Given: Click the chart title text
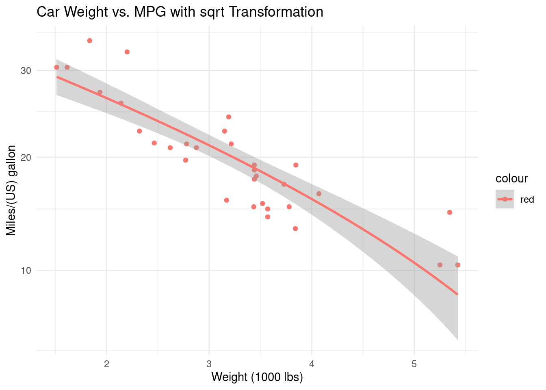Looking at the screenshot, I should [x=180, y=12].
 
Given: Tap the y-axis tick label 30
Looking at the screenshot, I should [x=26, y=70].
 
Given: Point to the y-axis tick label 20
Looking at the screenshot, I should [x=26, y=158].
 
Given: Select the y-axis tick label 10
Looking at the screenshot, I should [x=26, y=270].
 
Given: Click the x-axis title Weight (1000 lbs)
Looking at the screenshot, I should [x=257, y=377].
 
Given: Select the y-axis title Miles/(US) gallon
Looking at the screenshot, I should [x=11, y=191].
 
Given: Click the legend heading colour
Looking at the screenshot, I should [x=511, y=178].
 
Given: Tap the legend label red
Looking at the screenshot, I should [x=527, y=199].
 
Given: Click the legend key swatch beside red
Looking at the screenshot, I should [x=505, y=199].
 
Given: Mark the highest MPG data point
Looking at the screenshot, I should [x=90, y=41].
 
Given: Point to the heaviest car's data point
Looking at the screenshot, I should [x=458, y=265].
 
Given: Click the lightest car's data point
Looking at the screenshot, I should [x=56, y=67].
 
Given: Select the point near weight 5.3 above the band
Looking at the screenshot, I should [x=450, y=212].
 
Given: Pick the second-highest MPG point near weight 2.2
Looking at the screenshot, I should [x=127, y=52].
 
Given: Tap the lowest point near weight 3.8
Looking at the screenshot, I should [x=295, y=228].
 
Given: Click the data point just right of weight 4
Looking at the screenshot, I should [x=319, y=194].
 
